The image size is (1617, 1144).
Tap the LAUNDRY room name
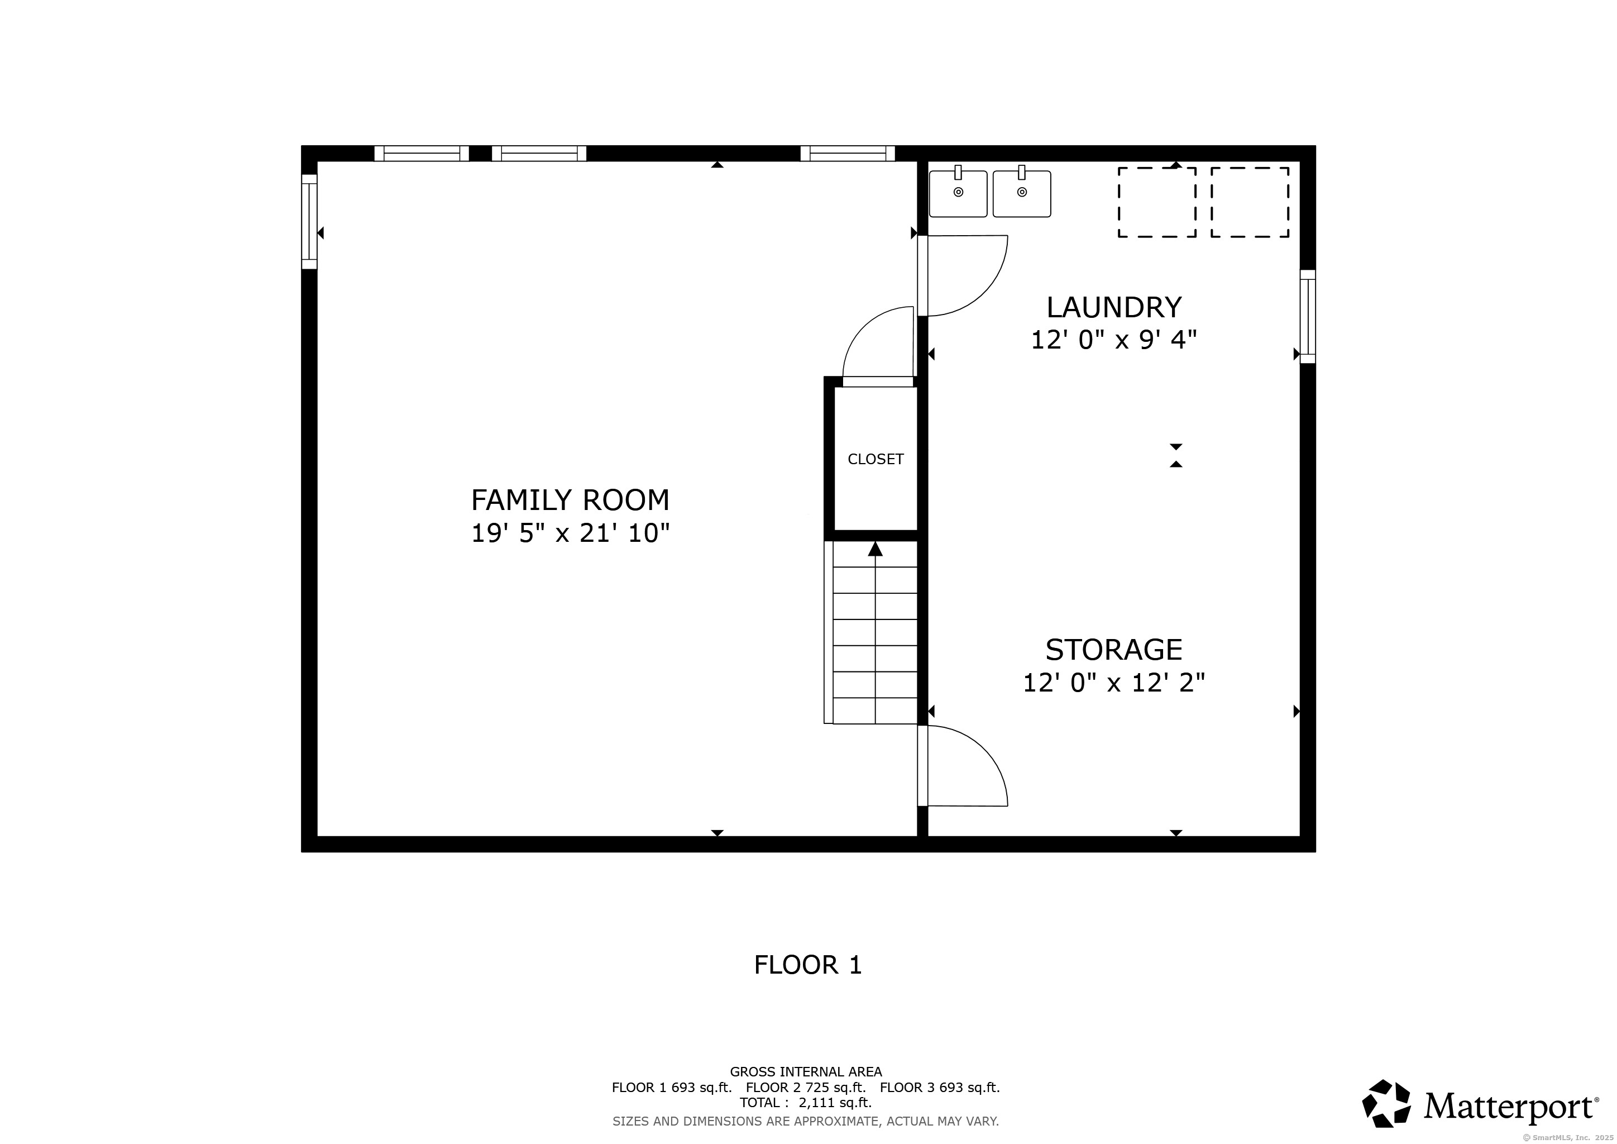point(1113,307)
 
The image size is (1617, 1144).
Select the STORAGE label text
point(1113,650)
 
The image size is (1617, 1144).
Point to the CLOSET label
point(876,459)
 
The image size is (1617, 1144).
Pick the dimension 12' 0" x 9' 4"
point(1113,340)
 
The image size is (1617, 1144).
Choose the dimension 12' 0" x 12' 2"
point(1113,683)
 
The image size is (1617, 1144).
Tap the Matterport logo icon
point(1386,1103)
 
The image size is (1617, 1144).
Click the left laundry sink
point(958,192)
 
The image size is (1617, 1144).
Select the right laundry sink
point(1022,192)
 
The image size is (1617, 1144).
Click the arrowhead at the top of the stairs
point(876,549)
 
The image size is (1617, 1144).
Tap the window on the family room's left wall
point(309,221)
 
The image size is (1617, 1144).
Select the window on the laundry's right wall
point(1307,316)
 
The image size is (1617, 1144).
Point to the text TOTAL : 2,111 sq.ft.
point(806,1103)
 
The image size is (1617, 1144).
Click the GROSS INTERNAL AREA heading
point(806,1072)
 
